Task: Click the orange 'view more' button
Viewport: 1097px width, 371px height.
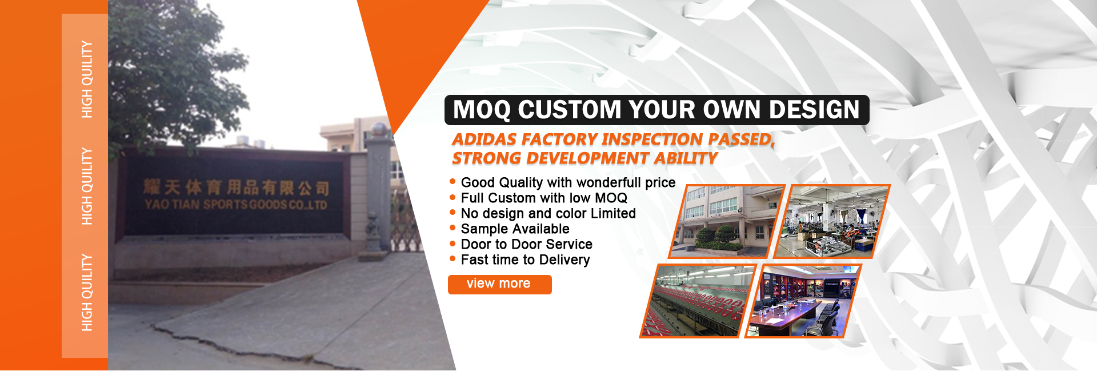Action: pos(499,284)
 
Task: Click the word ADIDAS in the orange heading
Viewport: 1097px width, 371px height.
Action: pos(485,139)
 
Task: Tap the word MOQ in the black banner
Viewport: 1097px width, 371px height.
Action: pos(481,110)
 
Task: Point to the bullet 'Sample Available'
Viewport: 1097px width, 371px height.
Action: pos(515,229)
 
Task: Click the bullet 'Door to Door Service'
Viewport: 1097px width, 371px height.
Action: pos(526,244)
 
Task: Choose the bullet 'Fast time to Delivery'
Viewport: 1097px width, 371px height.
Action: pos(525,260)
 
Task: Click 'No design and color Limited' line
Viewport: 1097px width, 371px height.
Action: pos(548,213)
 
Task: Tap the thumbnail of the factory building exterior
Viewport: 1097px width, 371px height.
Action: pos(727,221)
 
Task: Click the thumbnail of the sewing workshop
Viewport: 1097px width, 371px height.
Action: pos(832,221)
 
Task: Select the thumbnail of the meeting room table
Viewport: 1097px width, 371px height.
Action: pos(803,301)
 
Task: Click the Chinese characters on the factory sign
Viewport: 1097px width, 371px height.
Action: pos(236,187)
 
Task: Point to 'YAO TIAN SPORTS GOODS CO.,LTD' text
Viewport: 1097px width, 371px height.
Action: pos(236,204)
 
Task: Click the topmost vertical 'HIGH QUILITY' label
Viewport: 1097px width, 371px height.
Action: pos(87,79)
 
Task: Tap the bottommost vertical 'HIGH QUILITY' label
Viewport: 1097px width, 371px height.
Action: pos(87,293)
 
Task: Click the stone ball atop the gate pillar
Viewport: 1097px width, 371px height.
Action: pos(378,128)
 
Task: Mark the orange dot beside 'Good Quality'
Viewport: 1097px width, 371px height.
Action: pos(453,182)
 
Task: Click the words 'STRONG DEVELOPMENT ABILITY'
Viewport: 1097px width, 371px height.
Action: pos(584,158)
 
